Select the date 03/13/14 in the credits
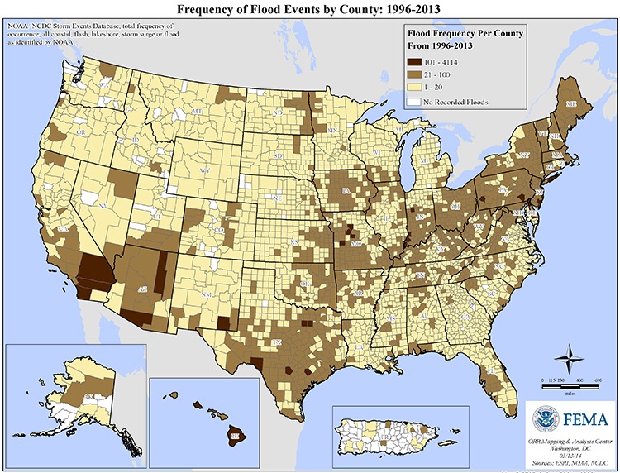(x=568, y=451)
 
